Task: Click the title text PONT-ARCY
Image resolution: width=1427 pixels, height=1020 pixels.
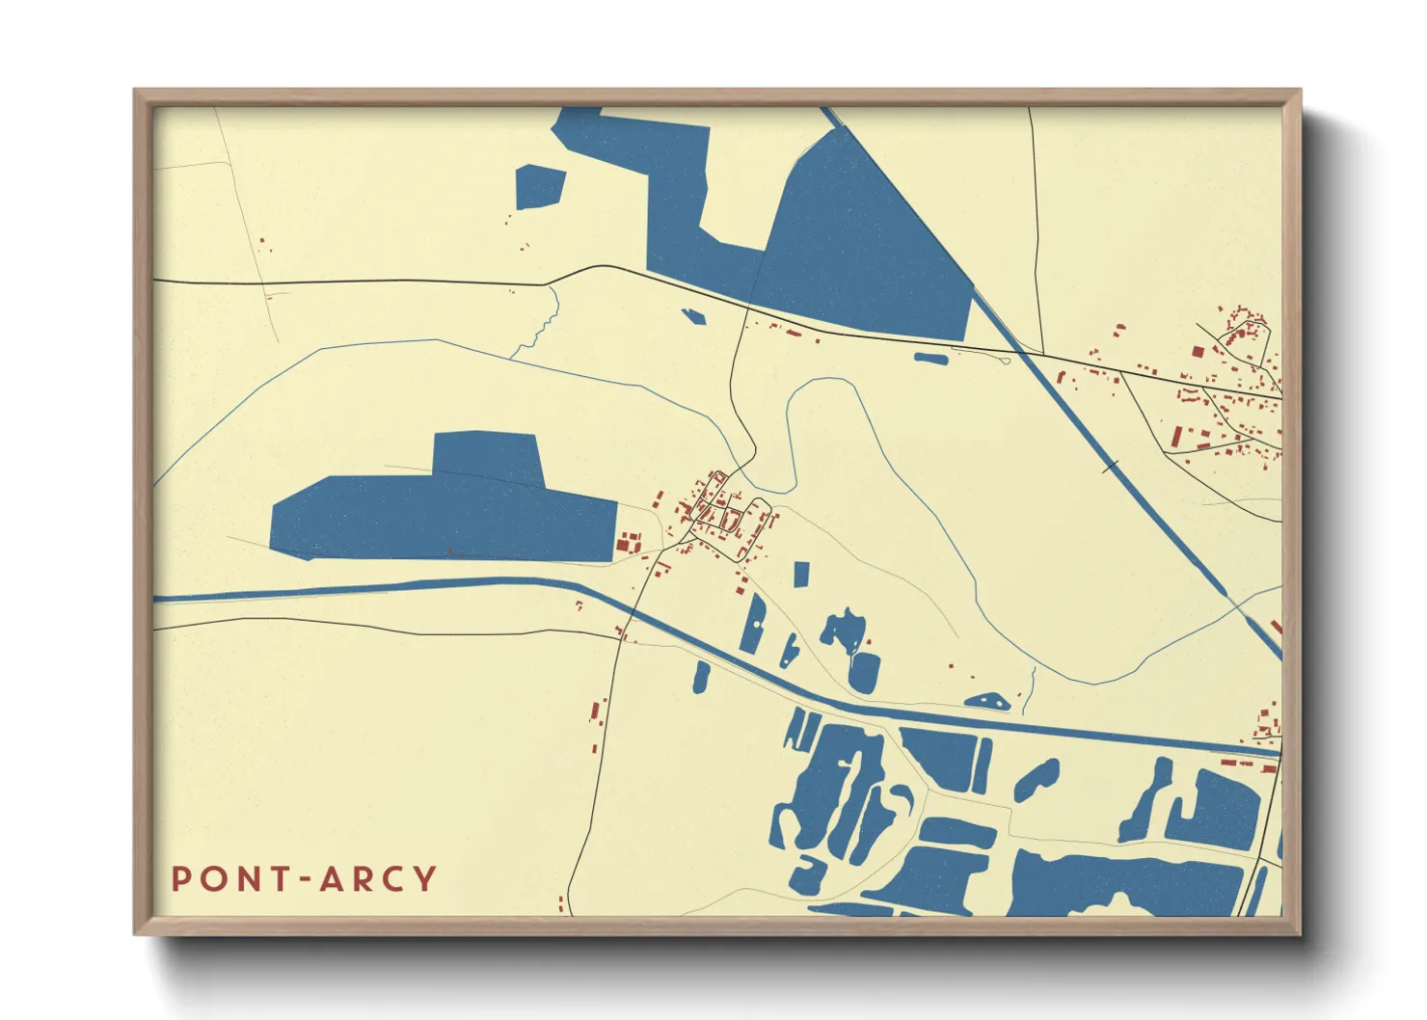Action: click(304, 879)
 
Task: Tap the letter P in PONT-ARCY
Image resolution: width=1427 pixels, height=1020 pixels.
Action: click(180, 879)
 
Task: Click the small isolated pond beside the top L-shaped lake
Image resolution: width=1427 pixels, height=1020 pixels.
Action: click(539, 187)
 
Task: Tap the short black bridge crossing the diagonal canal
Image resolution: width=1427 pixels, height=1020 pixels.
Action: click(1110, 468)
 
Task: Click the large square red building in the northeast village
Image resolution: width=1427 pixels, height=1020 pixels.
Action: click(1198, 352)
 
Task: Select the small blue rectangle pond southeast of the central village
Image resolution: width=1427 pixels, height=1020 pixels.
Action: click(800, 574)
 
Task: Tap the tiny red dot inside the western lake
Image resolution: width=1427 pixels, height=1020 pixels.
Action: click(449, 550)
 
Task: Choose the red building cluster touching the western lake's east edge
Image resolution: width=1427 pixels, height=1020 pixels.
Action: click(629, 543)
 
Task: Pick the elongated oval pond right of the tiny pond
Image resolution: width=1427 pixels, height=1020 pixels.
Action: click(930, 359)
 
